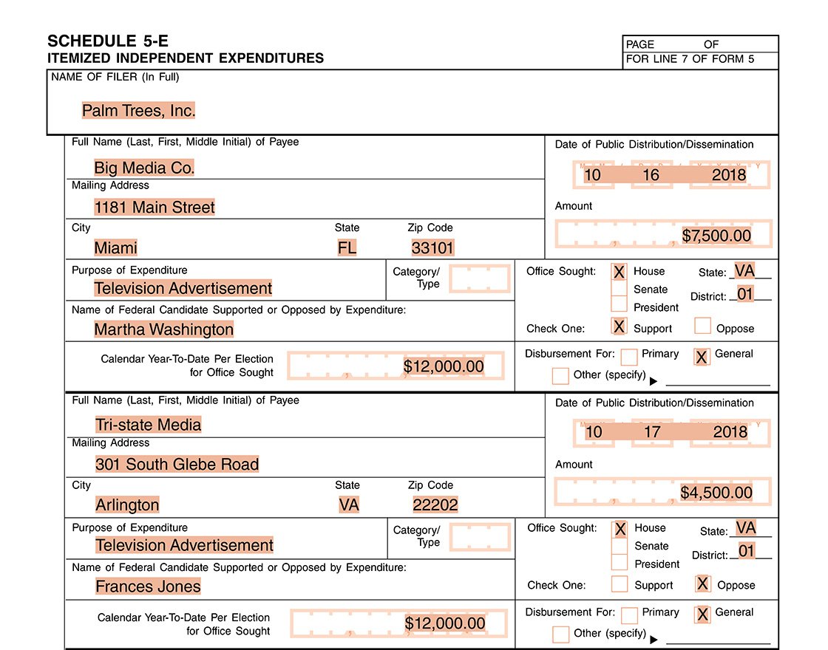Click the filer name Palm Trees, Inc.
click(x=138, y=111)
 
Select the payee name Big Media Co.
click(x=144, y=168)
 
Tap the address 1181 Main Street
click(x=155, y=208)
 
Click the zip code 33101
click(x=432, y=247)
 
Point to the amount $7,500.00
click(x=716, y=236)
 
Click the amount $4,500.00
click(x=716, y=493)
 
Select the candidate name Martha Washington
click(x=163, y=329)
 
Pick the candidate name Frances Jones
click(x=148, y=586)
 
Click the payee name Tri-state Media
click(x=148, y=425)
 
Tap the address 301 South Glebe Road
click(x=177, y=465)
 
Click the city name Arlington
click(x=127, y=505)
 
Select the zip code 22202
click(x=435, y=505)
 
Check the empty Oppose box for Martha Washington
click(x=702, y=326)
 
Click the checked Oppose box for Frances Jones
click(x=703, y=584)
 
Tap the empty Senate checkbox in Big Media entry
click(x=620, y=290)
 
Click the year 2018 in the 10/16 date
click(x=729, y=175)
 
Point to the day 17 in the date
click(x=651, y=432)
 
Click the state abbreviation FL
click(x=347, y=247)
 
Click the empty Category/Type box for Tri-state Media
click(x=480, y=537)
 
